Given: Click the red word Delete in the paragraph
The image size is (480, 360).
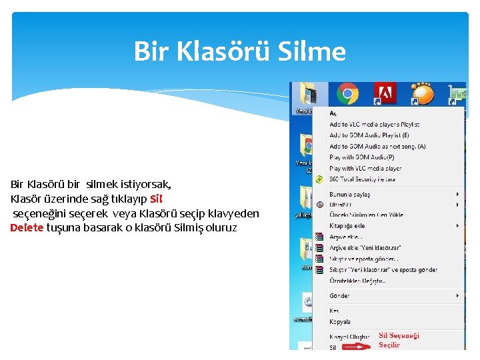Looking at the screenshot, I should (x=27, y=228).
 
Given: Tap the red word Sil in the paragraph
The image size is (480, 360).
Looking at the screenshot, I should (x=156, y=199).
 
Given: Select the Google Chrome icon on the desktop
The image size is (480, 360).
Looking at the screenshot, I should (x=346, y=94).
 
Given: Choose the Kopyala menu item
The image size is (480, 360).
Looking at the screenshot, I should (x=340, y=322).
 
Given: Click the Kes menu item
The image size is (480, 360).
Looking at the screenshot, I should (x=334, y=311).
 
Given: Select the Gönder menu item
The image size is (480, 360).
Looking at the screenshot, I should (x=339, y=295).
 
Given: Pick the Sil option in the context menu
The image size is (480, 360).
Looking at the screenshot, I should (x=333, y=347).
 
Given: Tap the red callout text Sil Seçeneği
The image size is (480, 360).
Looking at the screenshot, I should (x=399, y=336).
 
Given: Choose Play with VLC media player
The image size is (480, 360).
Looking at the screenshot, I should (x=365, y=169).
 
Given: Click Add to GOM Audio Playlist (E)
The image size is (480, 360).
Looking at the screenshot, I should (x=369, y=135).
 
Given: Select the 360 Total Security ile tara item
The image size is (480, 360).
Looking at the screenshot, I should (x=362, y=179).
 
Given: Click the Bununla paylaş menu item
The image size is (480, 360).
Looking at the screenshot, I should (x=349, y=195).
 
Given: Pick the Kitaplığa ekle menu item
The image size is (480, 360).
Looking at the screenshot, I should (x=347, y=226).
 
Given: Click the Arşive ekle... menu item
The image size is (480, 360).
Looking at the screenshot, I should (x=346, y=237).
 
